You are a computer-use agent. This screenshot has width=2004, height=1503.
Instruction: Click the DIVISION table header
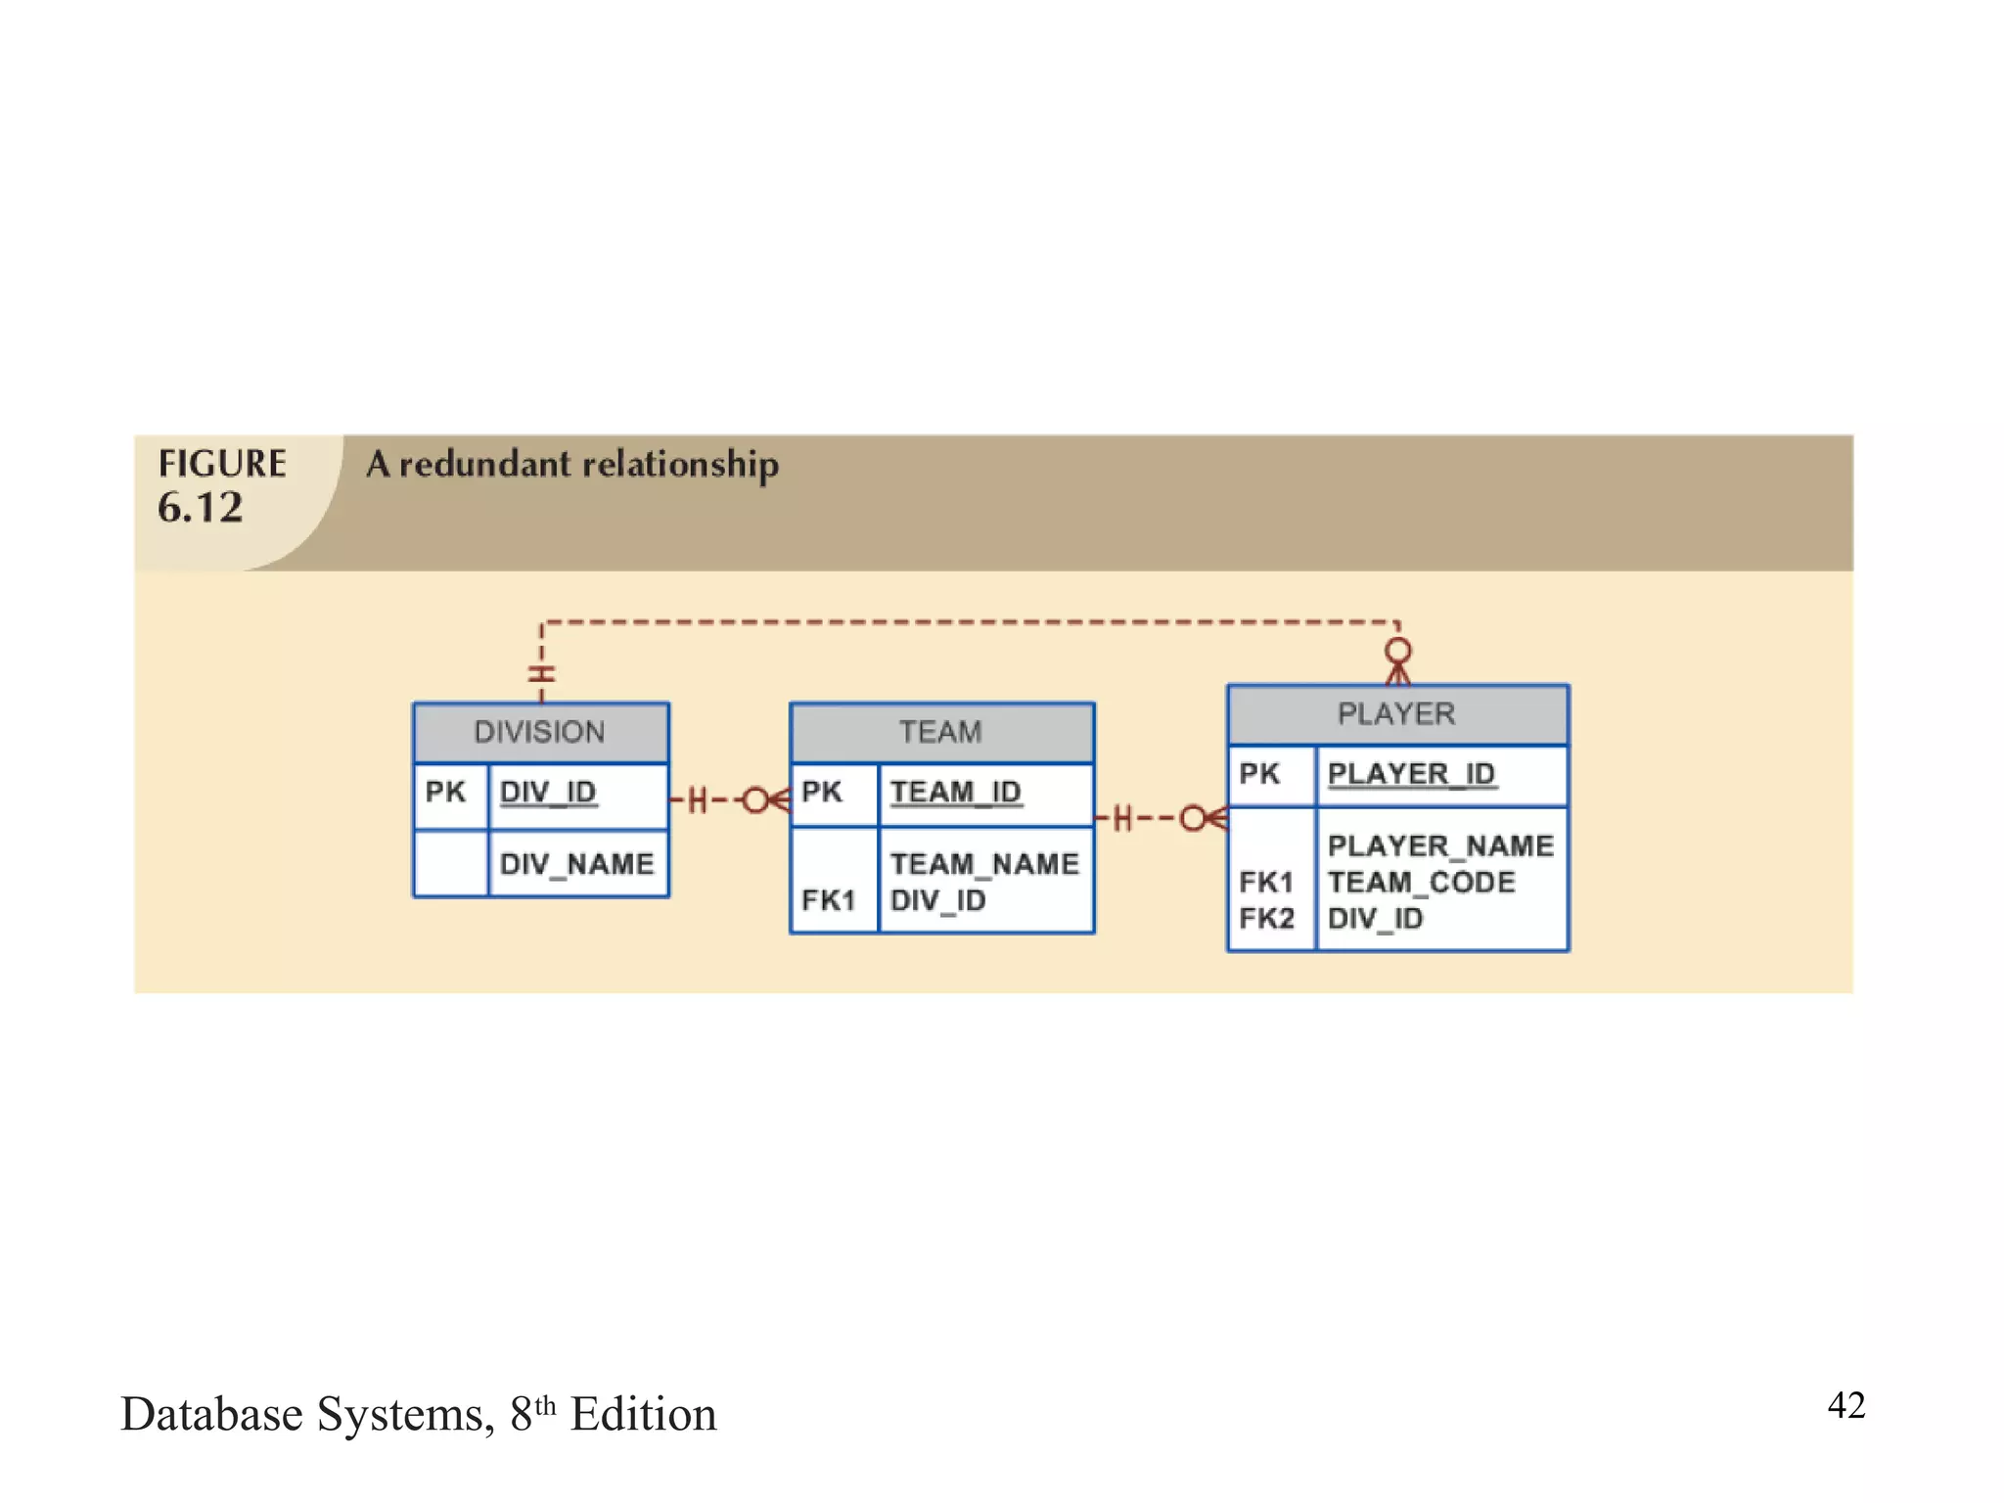point(540,732)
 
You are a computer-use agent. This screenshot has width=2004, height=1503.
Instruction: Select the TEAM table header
point(940,732)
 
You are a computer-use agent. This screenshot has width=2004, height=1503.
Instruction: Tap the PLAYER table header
point(1396,713)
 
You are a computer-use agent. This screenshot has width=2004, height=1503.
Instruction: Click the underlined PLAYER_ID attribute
point(1411,774)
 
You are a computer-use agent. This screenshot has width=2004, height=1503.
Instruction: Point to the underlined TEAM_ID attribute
point(955,792)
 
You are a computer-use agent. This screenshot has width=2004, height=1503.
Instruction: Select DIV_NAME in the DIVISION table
point(576,864)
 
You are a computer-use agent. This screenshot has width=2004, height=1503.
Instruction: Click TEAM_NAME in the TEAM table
point(984,864)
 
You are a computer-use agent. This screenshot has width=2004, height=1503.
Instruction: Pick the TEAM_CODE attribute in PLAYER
point(1421,883)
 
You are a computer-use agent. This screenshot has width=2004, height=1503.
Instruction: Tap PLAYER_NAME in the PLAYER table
point(1440,845)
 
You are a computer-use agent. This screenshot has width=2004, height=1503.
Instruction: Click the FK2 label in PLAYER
point(1266,919)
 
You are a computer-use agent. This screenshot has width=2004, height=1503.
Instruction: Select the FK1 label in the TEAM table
point(828,900)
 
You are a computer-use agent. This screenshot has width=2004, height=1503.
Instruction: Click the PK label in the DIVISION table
point(445,792)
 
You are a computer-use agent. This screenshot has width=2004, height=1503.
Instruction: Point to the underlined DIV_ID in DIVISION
point(548,792)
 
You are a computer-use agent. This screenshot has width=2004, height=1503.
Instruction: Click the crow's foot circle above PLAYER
point(1398,651)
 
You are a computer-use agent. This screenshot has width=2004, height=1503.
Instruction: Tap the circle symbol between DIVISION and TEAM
point(755,800)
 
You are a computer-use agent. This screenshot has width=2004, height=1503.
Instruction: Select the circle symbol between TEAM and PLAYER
point(1193,818)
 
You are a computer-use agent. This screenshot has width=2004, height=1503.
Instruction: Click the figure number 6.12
point(201,508)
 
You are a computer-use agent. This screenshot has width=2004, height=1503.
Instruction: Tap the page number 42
point(1845,1405)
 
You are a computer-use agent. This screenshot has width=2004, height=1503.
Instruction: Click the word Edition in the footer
point(643,1415)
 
